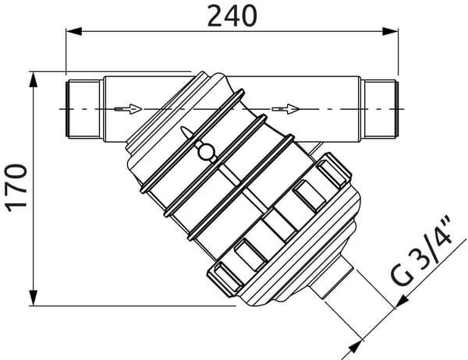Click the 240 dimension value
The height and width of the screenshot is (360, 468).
[x=232, y=16]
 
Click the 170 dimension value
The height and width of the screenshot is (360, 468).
[x=17, y=188]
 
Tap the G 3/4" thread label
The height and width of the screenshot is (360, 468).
[x=422, y=250]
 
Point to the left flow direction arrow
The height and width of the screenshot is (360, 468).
[x=128, y=109]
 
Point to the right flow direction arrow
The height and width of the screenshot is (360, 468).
[x=285, y=109]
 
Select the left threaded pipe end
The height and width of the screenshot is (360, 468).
[x=83, y=109]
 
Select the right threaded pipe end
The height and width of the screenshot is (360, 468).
[x=380, y=109]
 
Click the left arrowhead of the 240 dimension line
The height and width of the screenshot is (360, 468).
[x=73, y=31]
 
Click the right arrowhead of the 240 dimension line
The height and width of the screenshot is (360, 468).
[x=391, y=31]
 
